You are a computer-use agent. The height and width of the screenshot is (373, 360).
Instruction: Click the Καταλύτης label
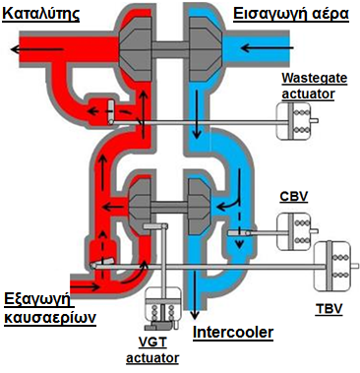(41, 14)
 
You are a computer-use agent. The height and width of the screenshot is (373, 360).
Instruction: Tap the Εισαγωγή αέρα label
(291, 14)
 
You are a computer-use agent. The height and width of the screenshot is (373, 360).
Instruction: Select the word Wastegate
(315, 79)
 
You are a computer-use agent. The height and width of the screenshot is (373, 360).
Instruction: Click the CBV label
(294, 196)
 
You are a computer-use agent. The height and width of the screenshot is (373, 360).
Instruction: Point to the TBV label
(329, 309)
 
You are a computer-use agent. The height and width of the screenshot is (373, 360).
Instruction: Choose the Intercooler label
(233, 333)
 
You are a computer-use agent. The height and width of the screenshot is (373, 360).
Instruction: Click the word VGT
(151, 342)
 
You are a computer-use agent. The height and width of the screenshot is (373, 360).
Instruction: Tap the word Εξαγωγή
(37, 300)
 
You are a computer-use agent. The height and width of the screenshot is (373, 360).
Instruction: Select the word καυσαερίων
(50, 318)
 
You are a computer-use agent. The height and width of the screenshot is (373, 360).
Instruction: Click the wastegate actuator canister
(293, 121)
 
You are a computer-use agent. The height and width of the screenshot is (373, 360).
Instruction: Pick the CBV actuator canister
(294, 231)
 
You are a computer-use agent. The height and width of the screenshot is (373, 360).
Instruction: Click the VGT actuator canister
(162, 306)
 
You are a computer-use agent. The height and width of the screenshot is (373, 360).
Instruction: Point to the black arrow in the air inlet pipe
(267, 48)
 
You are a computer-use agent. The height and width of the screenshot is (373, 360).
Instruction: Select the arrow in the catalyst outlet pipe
(36, 49)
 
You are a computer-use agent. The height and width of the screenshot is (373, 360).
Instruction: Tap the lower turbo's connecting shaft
(169, 207)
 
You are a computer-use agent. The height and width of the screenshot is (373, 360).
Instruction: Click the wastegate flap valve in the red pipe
(111, 113)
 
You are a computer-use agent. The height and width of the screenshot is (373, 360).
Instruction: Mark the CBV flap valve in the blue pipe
(239, 233)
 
